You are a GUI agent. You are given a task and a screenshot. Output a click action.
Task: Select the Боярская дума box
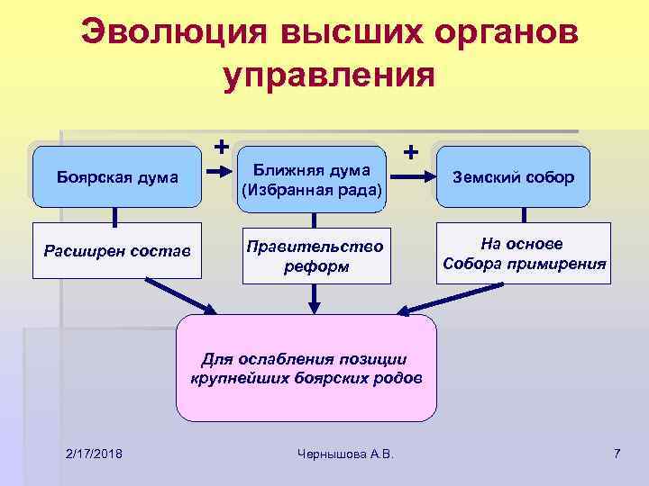[x=116, y=176]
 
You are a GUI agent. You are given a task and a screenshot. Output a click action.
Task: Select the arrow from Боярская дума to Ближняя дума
[x=220, y=177]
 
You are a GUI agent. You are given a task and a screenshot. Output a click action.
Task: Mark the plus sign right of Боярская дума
[x=221, y=144]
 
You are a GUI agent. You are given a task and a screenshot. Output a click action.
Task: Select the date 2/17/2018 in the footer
[x=95, y=452]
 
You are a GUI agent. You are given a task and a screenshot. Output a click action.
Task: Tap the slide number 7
[x=617, y=452]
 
